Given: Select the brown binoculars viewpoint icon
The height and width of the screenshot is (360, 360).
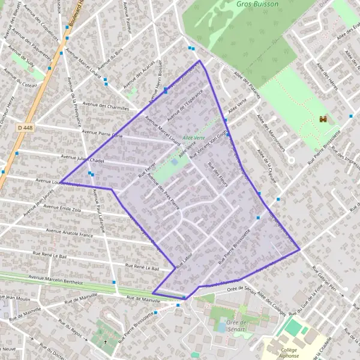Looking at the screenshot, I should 323,119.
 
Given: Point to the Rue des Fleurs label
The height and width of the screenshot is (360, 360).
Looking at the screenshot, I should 217,175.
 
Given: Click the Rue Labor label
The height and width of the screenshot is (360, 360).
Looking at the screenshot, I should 183,259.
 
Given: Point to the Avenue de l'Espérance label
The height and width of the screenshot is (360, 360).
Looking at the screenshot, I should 186,103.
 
